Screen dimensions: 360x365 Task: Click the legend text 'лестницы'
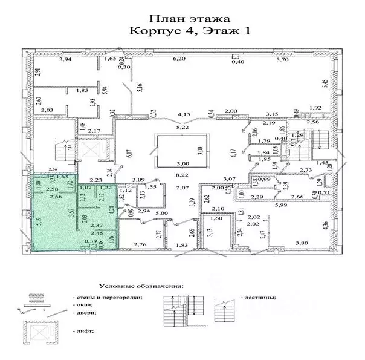262,298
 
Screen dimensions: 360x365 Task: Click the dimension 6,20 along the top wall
179,60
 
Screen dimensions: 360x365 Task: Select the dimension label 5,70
283,60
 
